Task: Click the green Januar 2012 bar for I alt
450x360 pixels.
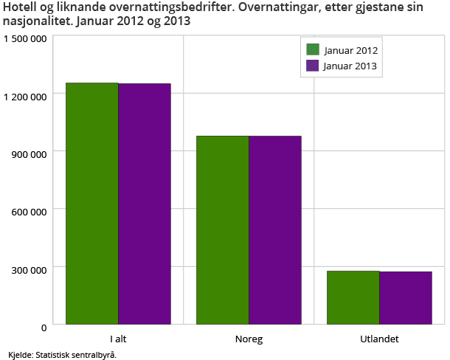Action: [x=92, y=203]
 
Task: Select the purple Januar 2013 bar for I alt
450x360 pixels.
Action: [x=145, y=204]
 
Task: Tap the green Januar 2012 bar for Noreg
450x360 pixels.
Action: [x=223, y=229]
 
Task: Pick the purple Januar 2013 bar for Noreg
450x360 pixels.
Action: [x=275, y=229]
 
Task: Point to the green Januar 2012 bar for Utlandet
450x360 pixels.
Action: [x=353, y=297]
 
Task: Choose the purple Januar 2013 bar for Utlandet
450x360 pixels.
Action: [x=406, y=298]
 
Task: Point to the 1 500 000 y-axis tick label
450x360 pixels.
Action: [x=26, y=38]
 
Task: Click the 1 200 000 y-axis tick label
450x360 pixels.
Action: [x=26, y=95]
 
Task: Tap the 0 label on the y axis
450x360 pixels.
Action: [x=44, y=325]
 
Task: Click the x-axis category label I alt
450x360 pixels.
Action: [x=118, y=339]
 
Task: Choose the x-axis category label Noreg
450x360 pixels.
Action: [x=249, y=339]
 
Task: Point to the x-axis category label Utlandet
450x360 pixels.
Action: [x=379, y=339]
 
